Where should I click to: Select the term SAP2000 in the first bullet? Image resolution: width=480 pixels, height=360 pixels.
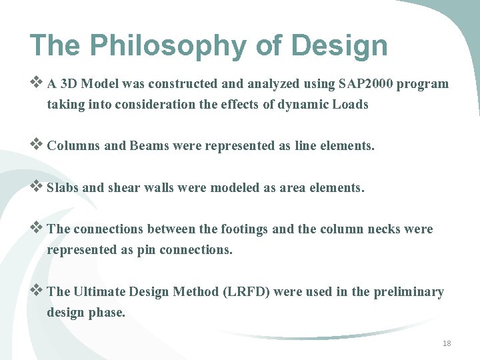365,84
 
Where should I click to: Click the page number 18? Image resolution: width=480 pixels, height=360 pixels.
447,343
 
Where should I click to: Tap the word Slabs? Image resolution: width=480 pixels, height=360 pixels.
63,188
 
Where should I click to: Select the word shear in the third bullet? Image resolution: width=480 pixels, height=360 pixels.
125,188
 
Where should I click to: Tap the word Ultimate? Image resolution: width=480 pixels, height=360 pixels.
99,292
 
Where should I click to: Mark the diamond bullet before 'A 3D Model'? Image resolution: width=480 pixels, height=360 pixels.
37,84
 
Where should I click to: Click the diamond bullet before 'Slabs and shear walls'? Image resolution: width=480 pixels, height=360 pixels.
37,187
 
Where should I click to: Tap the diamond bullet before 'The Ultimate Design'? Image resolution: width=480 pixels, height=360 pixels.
37,291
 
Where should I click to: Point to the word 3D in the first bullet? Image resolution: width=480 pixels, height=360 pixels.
69,84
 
